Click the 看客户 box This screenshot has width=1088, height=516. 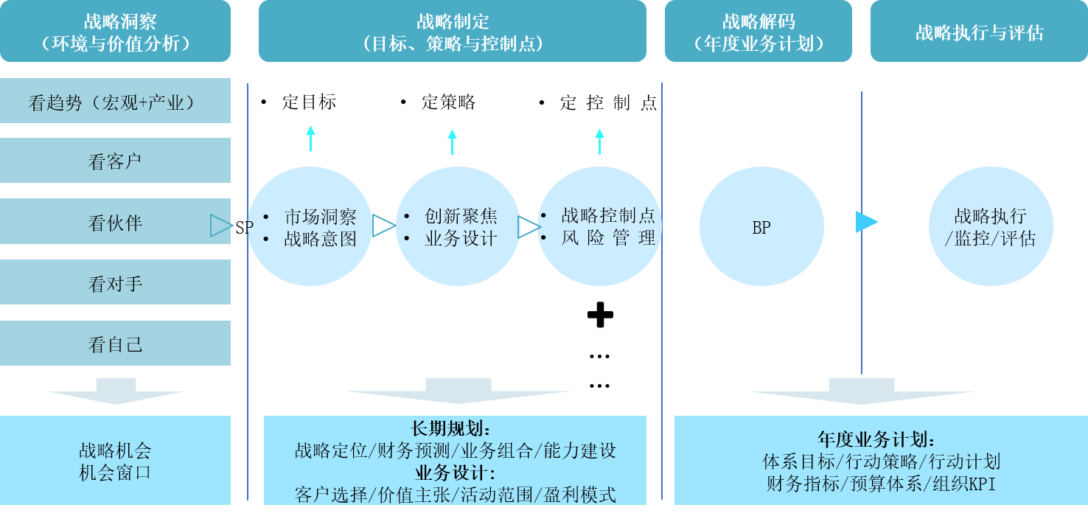(115, 161)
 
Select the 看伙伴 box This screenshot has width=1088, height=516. (115, 221)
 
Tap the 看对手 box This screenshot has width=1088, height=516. (115, 282)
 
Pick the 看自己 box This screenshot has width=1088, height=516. (115, 343)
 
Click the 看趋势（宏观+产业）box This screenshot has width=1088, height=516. (115, 101)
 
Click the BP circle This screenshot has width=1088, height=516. (761, 226)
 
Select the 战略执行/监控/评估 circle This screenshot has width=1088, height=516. (990, 226)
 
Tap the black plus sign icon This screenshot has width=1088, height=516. (600, 316)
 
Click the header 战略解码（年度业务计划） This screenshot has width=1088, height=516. (759, 32)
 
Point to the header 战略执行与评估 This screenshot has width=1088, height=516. (979, 32)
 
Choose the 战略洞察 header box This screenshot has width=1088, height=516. (115, 32)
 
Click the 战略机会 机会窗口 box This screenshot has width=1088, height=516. (115, 461)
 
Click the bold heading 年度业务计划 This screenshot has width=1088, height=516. (876, 440)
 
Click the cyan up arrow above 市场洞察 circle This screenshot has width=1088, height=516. (310, 139)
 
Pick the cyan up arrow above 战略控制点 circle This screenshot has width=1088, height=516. (599, 141)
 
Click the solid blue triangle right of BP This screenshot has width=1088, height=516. (866, 222)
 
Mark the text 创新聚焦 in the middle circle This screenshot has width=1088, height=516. (461, 216)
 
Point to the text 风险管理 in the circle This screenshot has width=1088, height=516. (607, 238)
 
